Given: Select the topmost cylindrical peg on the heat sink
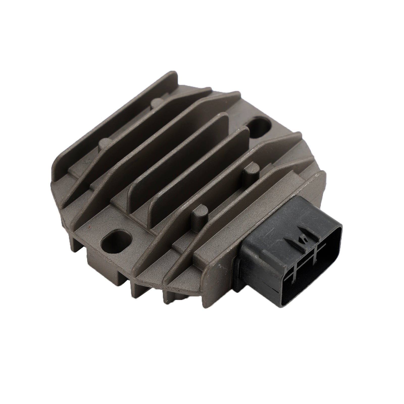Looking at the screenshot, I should tap(157, 102).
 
